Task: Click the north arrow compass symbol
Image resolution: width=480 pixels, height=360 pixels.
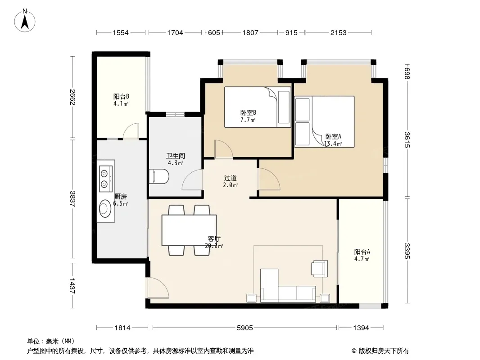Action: [25, 21]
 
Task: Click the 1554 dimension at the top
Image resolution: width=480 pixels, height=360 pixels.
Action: [121, 33]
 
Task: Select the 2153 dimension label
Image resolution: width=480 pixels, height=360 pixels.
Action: [338, 33]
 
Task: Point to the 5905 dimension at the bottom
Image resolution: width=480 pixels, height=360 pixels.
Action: [245, 328]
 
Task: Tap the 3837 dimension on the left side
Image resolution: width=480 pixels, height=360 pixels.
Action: [72, 199]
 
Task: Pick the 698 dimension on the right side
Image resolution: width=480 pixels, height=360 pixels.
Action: [407, 74]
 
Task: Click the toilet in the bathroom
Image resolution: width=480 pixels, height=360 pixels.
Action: [159, 176]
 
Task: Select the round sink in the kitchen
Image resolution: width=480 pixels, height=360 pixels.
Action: [105, 208]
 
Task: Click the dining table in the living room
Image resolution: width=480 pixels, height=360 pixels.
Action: [189, 230]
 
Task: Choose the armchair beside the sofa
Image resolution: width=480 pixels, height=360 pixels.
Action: [319, 269]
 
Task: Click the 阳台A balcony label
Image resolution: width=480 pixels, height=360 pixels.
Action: [362, 252]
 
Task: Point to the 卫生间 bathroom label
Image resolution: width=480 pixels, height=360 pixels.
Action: [176, 156]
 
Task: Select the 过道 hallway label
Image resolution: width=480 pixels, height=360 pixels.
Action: [230, 178]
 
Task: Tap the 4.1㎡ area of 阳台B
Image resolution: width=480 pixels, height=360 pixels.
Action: [121, 103]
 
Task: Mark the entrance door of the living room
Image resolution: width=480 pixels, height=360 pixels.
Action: [158, 288]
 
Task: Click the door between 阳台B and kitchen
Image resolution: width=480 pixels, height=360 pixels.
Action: [131, 131]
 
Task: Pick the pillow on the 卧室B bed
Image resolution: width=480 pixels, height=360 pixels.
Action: [284, 107]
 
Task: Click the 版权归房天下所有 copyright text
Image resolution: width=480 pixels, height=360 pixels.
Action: [380, 351]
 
